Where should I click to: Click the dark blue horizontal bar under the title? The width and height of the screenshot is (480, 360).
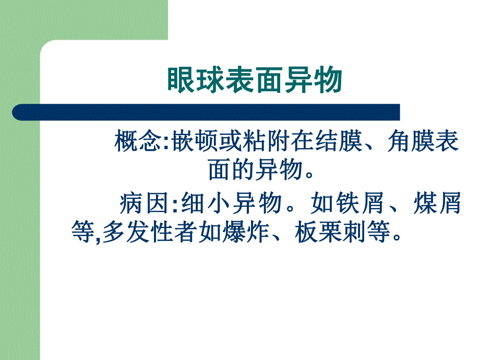pos(209,112)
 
